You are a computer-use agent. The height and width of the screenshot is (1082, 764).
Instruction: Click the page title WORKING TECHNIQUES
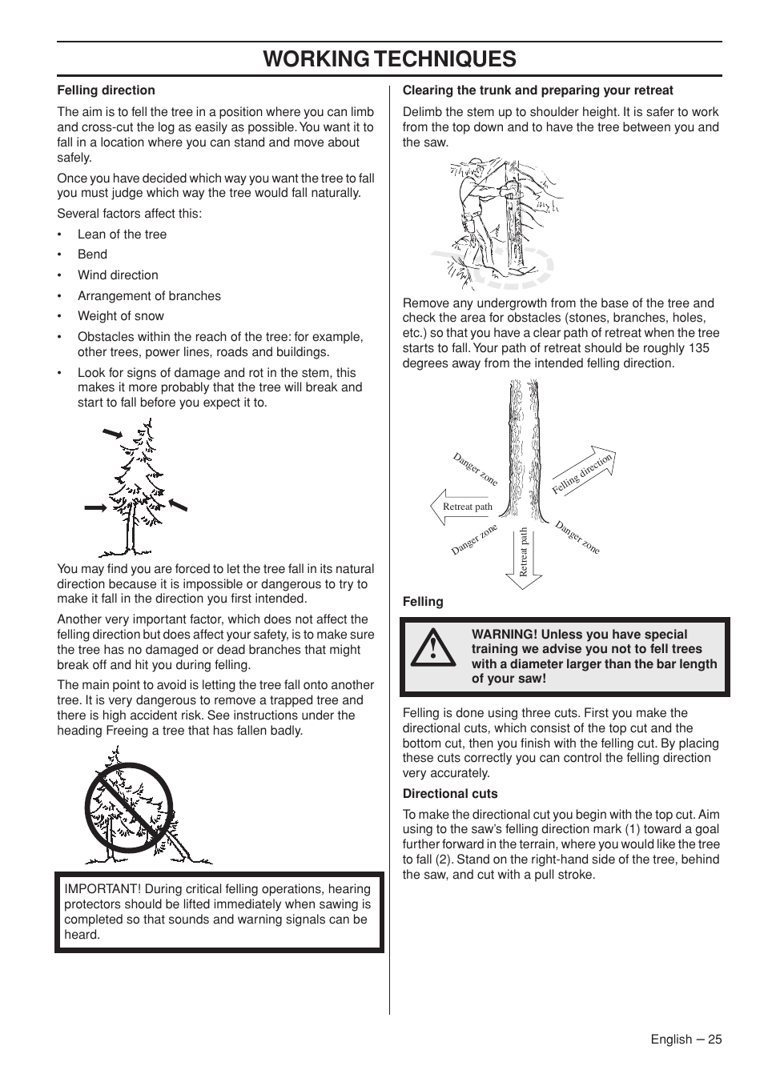pyautogui.click(x=389, y=59)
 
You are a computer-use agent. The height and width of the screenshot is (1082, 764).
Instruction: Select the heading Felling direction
pyautogui.click(x=106, y=90)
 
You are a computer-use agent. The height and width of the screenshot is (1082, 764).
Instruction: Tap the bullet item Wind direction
pyautogui.click(x=118, y=275)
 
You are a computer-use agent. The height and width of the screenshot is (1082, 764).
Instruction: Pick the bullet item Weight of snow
pyautogui.click(x=120, y=316)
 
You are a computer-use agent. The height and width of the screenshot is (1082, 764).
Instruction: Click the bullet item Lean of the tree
pyautogui.click(x=122, y=234)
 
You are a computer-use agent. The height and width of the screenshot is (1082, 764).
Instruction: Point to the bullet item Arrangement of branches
pyautogui.click(x=149, y=296)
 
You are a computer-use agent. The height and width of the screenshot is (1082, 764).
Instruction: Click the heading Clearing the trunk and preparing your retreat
pyautogui.click(x=537, y=90)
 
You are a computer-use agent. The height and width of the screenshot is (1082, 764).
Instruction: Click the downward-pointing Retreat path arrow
pyautogui.click(x=524, y=558)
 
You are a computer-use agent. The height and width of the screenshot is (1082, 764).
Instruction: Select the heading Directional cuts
pyautogui.click(x=450, y=794)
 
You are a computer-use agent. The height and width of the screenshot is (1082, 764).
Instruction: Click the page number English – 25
pyautogui.click(x=686, y=1039)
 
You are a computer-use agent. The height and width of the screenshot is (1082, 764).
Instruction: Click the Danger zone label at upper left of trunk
pyautogui.click(x=475, y=470)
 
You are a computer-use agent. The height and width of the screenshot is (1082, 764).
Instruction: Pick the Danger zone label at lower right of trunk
pyautogui.click(x=577, y=537)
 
